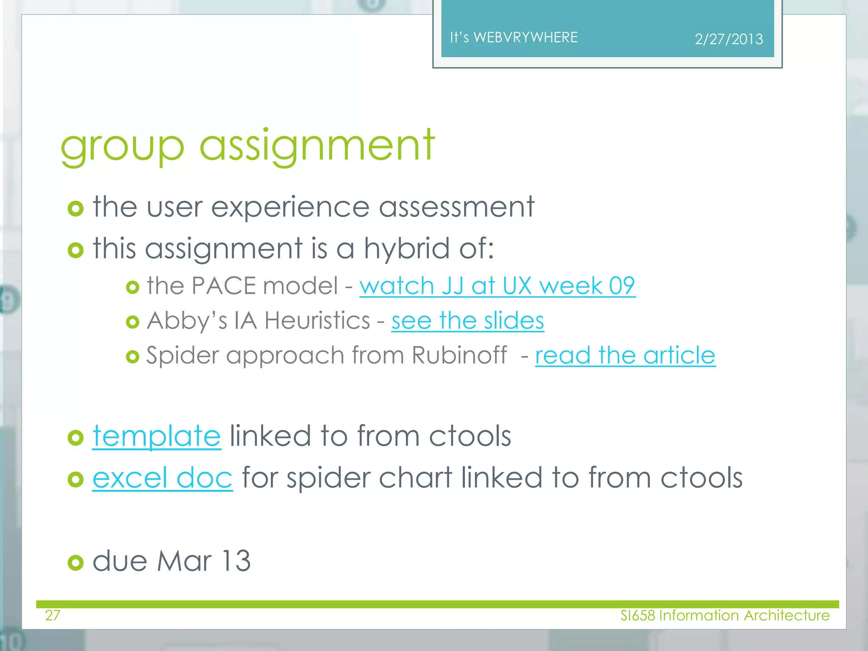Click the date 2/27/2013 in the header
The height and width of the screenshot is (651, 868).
pos(729,39)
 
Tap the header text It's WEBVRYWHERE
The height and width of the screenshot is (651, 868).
pos(514,37)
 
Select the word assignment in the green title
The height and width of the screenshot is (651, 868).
pos(317,146)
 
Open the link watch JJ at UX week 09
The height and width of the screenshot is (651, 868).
pos(497,286)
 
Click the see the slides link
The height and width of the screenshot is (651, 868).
pos(467,320)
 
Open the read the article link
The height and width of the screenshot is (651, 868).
pos(625,355)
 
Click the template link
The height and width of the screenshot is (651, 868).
pos(157,436)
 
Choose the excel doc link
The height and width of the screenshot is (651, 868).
pos(162,478)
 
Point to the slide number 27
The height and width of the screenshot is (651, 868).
pos(53,615)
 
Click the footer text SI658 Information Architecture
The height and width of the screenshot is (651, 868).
pos(725,615)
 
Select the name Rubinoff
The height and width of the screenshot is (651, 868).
pos(459,355)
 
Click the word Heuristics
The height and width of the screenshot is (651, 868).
pos(317,320)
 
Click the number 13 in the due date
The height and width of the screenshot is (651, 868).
pos(236,561)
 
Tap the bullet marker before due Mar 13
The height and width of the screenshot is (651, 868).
pos(75,562)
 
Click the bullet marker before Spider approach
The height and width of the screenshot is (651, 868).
pos(133,357)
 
